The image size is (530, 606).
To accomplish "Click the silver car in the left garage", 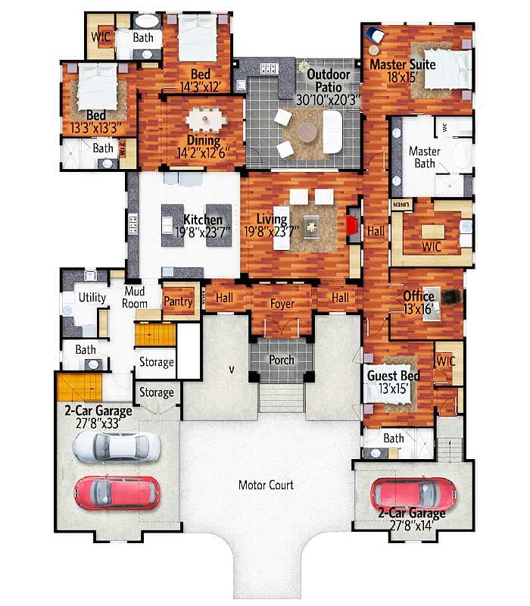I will point(116,447).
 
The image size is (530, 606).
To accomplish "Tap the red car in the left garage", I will point(117,492).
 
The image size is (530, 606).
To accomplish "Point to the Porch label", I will point(281,359).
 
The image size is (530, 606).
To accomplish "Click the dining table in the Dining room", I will point(202,119).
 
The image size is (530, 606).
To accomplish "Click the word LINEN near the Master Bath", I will point(400,205).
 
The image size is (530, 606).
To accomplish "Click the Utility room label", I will point(92,298).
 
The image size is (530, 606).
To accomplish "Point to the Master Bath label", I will point(424,157).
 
